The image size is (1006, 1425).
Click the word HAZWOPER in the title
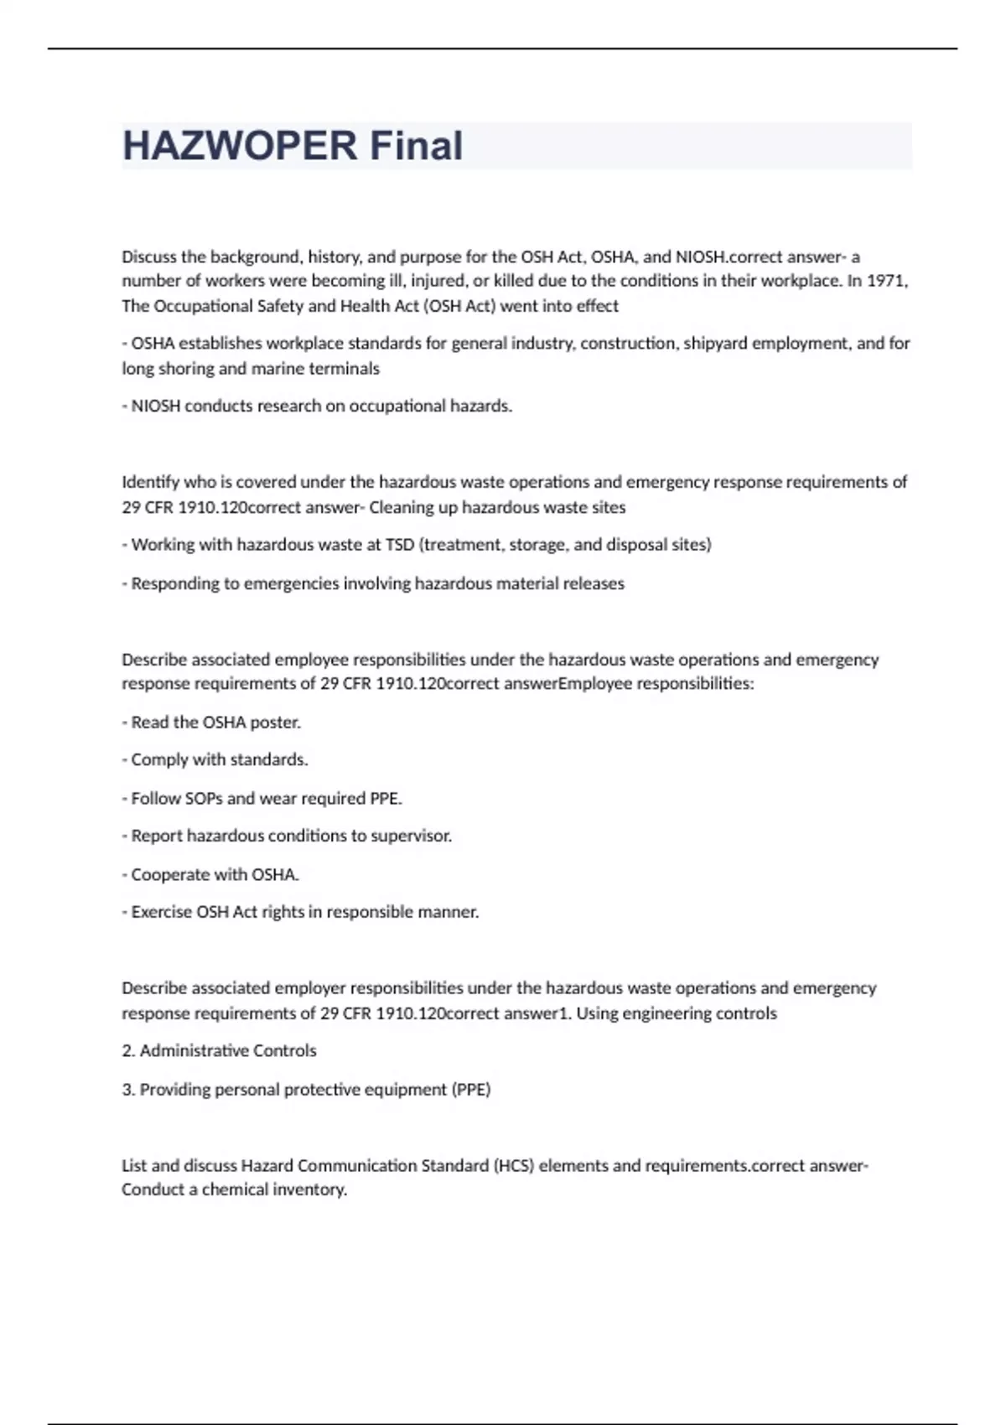(240, 146)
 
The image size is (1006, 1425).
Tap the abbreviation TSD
(400, 545)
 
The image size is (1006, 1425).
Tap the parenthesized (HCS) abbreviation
(514, 1166)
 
